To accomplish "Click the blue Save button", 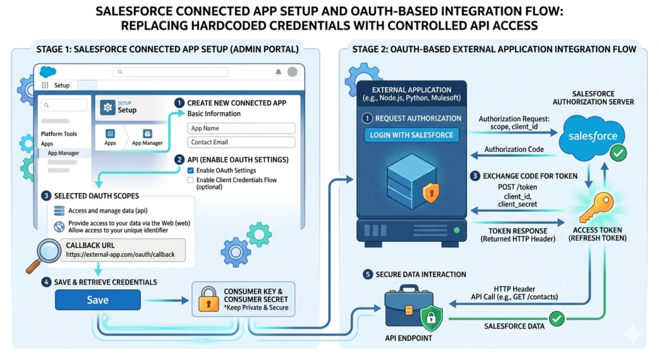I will (97, 300).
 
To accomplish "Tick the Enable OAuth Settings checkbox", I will (190, 170).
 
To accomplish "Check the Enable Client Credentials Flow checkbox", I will (190, 180).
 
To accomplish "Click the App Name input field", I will (241, 129).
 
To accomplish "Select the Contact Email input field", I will (241, 142).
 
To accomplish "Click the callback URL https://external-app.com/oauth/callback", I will (120, 254).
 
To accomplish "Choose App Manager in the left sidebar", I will (64, 153).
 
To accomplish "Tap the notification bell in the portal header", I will (279, 72).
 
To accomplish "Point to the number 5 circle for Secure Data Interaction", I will (367, 274).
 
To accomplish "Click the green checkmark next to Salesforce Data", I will (556, 318).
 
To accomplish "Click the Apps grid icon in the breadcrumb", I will (110, 133).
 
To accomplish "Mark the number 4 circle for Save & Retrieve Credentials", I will (46, 282).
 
